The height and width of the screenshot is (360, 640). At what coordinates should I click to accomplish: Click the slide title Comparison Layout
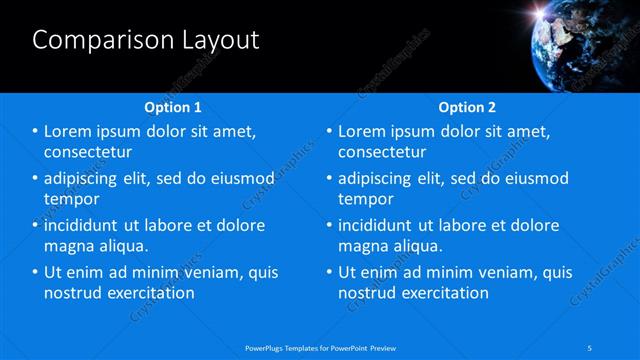pos(146,40)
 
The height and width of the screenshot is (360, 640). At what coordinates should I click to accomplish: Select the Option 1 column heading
pos(173,107)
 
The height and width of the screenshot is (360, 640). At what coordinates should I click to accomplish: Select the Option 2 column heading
pos(467,107)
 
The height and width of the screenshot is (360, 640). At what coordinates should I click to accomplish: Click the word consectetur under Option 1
pos(89,152)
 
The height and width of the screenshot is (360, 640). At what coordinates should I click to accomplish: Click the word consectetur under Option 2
pos(383,152)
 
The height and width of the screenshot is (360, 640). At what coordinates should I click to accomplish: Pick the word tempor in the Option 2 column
pos(366,199)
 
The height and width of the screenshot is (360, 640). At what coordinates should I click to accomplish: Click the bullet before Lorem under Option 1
pos(36,132)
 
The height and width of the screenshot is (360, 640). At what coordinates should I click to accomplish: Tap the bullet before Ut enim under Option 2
pos(329,272)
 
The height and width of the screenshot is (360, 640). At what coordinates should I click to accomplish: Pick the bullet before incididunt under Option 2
pos(329,225)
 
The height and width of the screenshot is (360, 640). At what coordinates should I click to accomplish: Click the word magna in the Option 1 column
pos(68,246)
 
